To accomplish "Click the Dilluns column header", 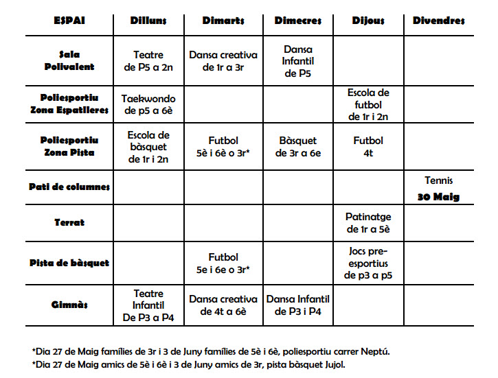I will click(148, 21).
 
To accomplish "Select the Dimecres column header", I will click(297, 21).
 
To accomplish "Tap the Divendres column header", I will click(438, 21).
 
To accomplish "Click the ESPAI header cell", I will click(69, 21).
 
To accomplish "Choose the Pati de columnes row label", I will click(69, 187).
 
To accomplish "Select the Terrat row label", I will click(69, 223).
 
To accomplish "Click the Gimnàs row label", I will click(69, 305).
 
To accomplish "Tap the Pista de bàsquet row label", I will click(69, 263).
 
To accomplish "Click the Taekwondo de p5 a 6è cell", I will click(148, 104).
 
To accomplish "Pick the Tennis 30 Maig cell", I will click(438, 189).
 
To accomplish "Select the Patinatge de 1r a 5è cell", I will click(368, 223).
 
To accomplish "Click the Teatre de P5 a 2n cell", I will click(148, 60).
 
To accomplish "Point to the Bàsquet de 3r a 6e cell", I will click(297, 147).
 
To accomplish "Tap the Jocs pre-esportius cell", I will click(368, 263).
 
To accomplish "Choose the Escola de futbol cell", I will click(368, 104).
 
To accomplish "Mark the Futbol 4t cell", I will click(368, 147).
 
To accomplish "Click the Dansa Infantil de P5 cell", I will click(297, 60).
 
